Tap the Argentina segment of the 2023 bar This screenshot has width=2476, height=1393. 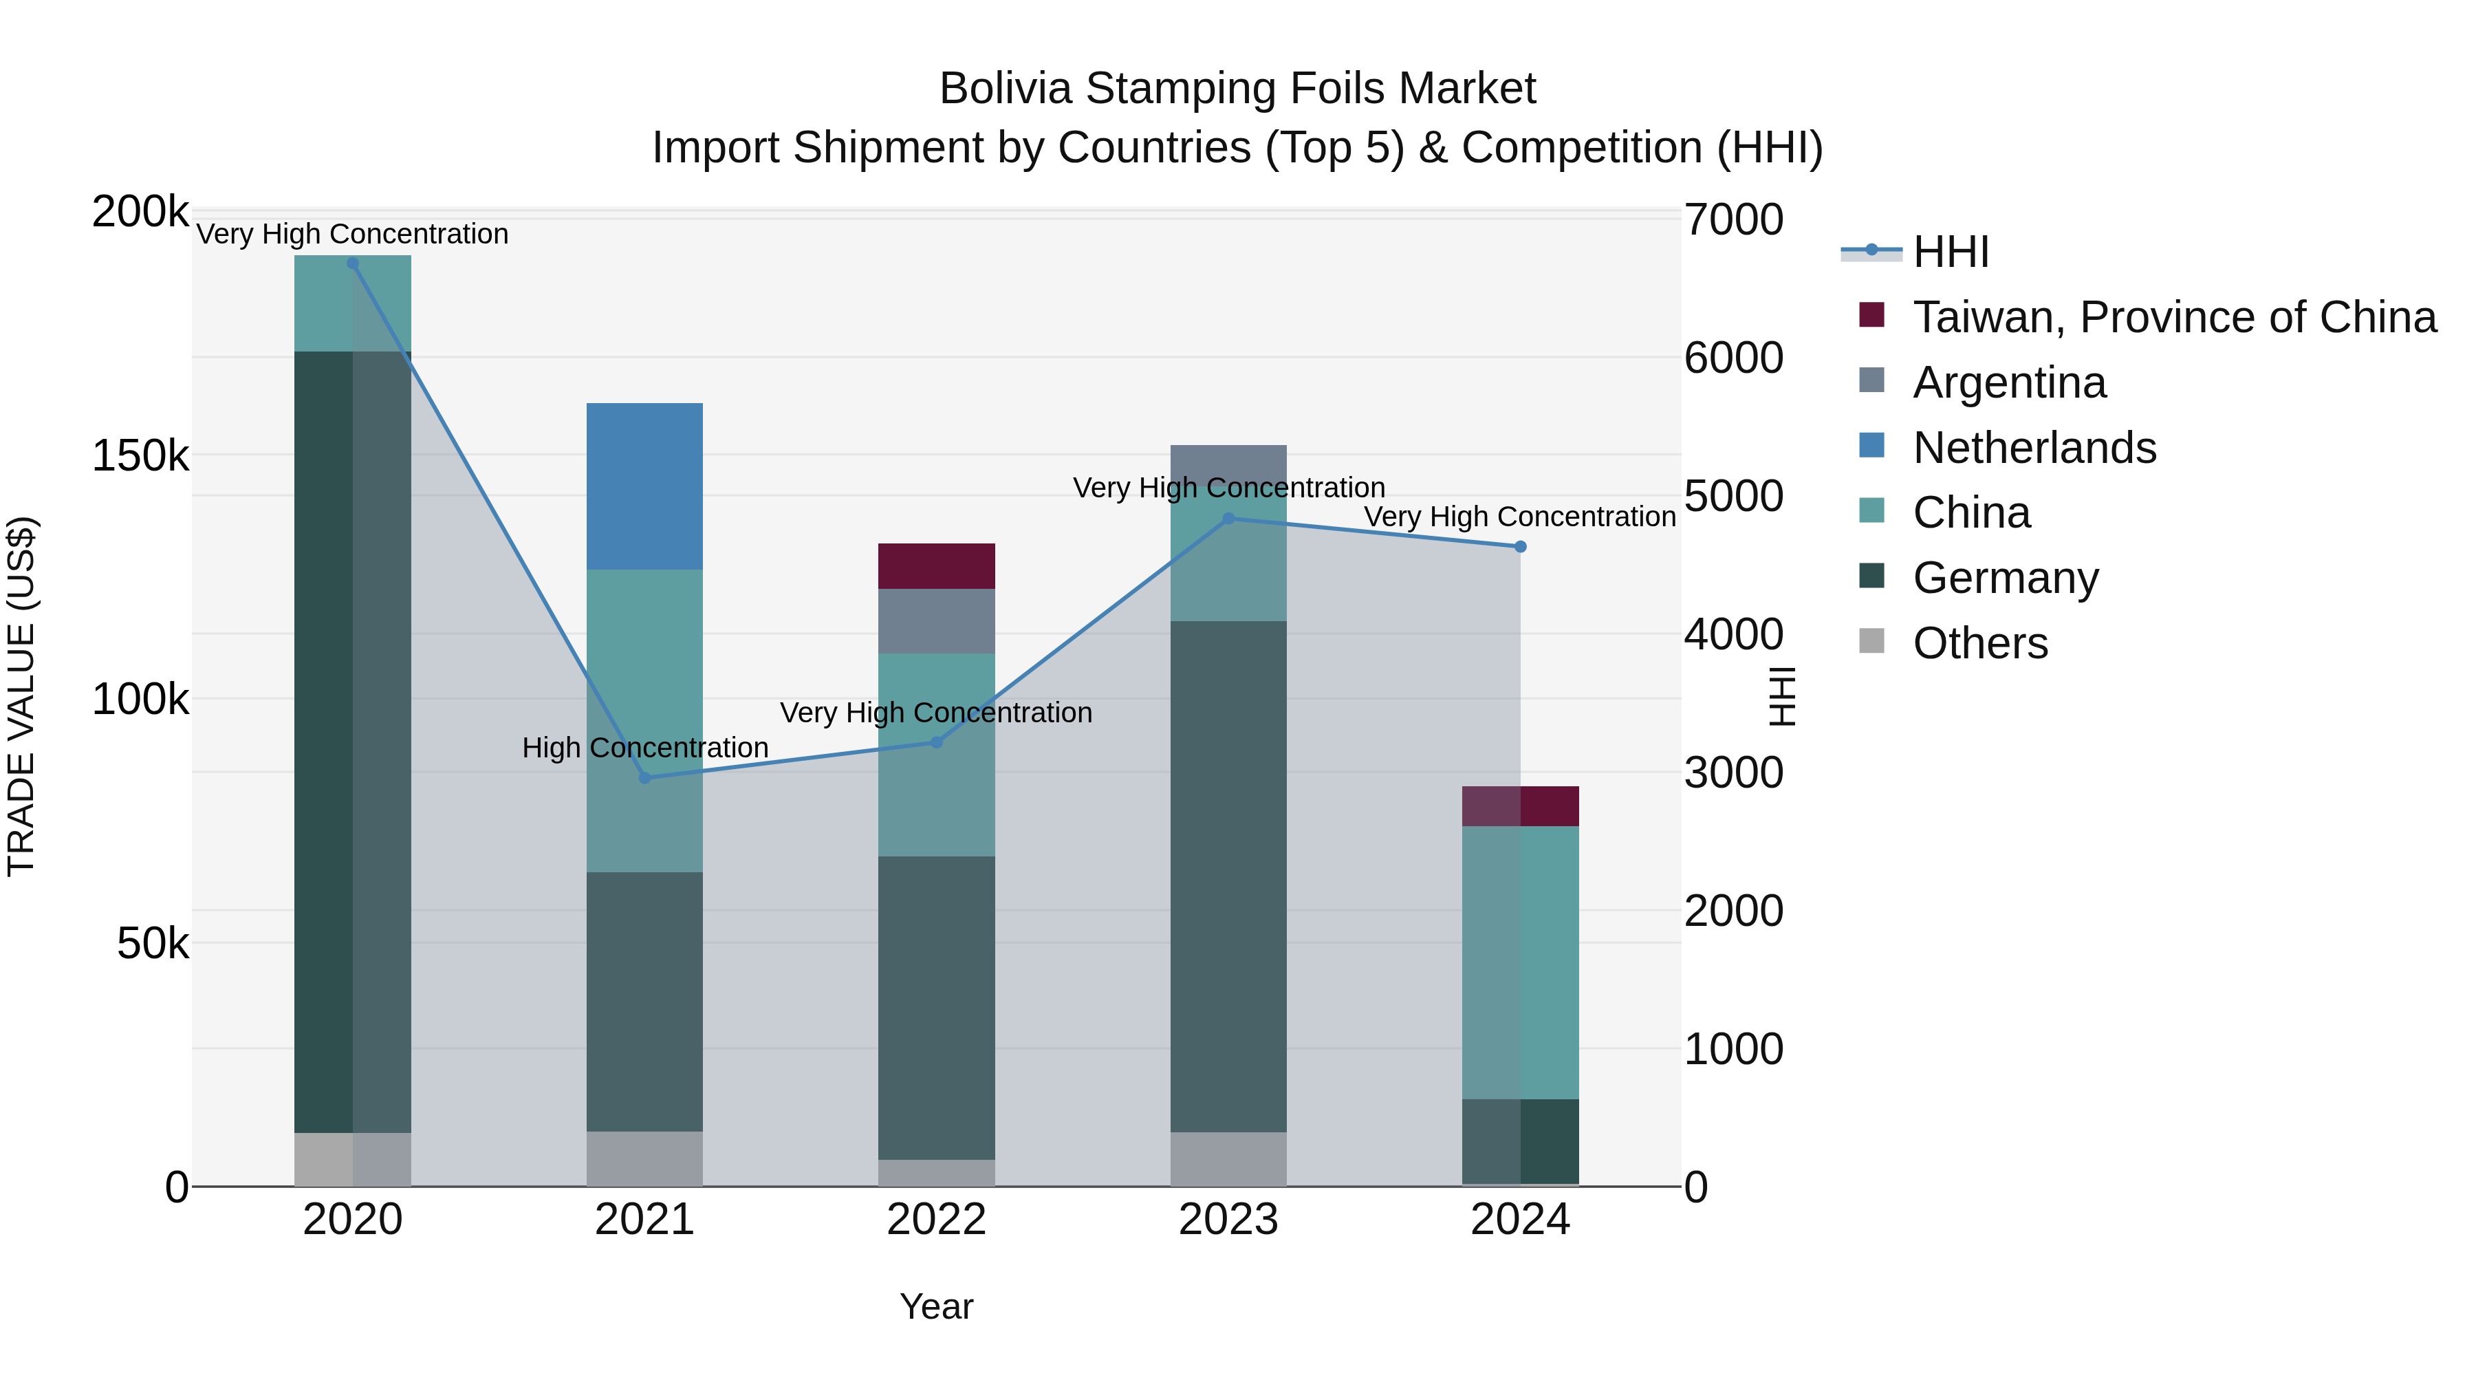pos(1228,460)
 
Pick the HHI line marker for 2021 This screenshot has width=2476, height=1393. pos(645,778)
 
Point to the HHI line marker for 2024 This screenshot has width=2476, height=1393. pos(1521,547)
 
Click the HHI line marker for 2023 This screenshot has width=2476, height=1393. pos(1228,519)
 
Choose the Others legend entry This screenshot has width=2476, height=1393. pos(1980,643)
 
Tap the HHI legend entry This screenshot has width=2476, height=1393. pos(1951,252)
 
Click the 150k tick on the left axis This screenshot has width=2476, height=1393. pos(140,455)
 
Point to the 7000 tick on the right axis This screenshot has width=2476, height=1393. pos(1733,219)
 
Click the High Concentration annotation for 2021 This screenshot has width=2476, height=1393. pos(645,748)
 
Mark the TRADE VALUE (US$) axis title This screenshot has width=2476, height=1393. pos(21,697)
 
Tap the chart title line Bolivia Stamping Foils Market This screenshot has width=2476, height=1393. pos(1237,89)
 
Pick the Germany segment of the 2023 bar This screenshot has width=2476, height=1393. pos(1228,875)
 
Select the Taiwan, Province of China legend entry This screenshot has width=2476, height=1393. pos(2174,317)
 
